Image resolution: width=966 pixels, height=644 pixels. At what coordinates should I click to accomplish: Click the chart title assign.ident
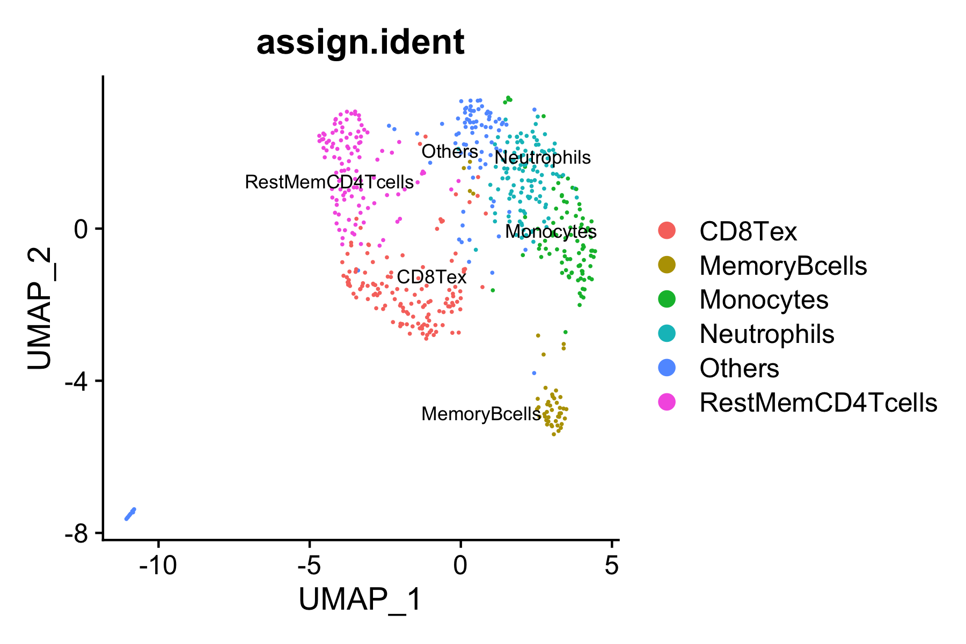pyautogui.click(x=360, y=43)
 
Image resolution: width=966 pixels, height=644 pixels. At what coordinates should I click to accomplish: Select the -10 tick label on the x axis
pyautogui.click(x=158, y=566)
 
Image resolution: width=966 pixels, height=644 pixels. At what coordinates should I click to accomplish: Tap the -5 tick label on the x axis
pyautogui.click(x=310, y=566)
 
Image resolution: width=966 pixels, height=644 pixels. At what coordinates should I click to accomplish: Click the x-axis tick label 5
pyautogui.click(x=612, y=566)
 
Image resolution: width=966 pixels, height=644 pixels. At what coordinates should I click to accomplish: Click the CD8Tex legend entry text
pyautogui.click(x=748, y=231)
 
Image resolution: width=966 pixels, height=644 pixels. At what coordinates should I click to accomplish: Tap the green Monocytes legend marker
pyautogui.click(x=667, y=299)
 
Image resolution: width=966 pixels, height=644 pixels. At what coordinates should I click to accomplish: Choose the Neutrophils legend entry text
pyautogui.click(x=767, y=334)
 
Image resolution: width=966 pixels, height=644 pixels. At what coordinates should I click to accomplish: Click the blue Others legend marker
pyautogui.click(x=667, y=368)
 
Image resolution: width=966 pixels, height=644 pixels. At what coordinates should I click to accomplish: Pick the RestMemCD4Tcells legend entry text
pyautogui.click(x=818, y=402)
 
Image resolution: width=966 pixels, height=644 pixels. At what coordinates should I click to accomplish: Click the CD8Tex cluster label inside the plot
pyautogui.click(x=431, y=277)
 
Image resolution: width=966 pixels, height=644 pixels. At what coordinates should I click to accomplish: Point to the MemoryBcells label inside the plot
pyautogui.click(x=481, y=414)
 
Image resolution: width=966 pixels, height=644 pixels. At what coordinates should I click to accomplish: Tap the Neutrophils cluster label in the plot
pyautogui.click(x=543, y=158)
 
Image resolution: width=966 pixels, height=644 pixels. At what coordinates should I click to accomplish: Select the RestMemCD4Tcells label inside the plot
pyautogui.click(x=329, y=182)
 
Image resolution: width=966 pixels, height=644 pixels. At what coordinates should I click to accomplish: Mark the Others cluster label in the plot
pyautogui.click(x=450, y=152)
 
